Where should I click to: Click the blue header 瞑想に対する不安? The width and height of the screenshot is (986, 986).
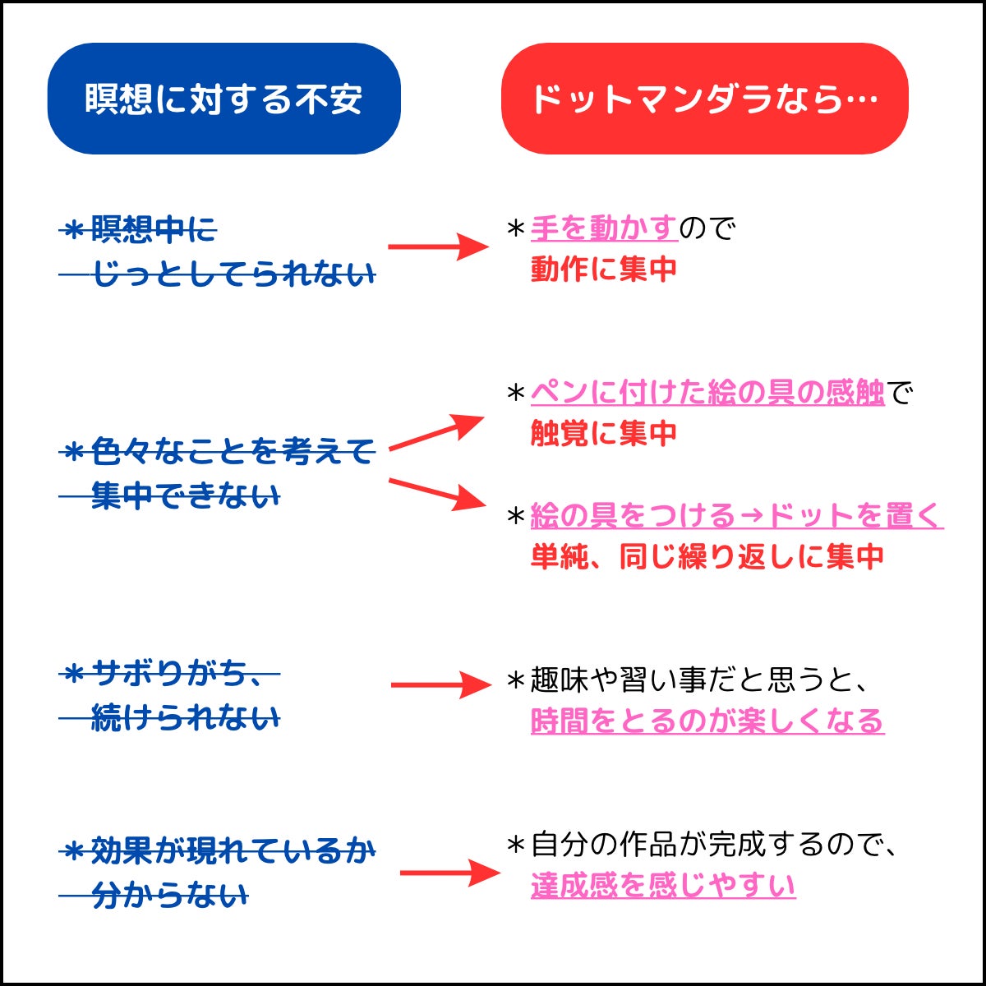point(223,99)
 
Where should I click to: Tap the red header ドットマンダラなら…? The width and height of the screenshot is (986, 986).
point(704,99)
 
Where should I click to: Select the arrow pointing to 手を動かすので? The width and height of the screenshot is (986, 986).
point(437,246)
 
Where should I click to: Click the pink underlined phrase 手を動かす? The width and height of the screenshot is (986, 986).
point(604,228)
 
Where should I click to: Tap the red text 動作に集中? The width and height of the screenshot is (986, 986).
point(604,269)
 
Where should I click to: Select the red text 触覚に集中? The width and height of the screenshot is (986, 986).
point(604,433)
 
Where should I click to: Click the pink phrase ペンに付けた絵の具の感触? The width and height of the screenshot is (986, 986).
point(707,393)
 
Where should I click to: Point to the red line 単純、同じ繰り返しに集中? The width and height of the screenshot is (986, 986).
point(707,556)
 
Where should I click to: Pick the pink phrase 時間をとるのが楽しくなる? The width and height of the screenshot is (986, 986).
point(707,721)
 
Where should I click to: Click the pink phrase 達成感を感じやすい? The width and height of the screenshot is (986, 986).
point(663,885)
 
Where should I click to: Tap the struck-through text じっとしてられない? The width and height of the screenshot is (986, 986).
point(233,274)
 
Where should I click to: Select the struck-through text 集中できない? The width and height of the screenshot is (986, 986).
point(185,496)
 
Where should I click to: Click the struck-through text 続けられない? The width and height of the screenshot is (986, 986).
point(185,718)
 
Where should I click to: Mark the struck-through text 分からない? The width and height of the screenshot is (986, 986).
point(169,895)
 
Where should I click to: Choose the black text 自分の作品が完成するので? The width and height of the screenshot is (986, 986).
point(712,844)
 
